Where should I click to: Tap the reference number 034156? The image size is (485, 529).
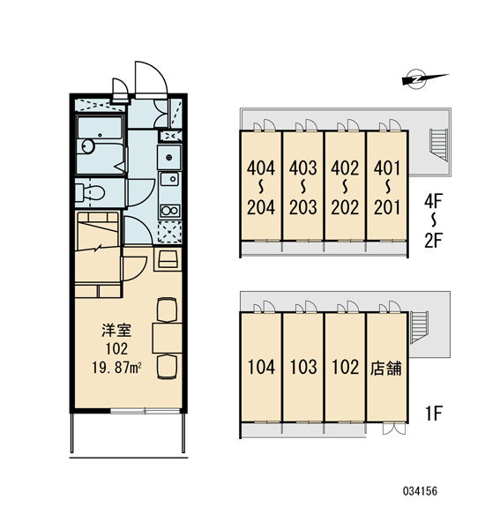pos(421,491)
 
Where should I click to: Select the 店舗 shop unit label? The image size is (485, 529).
pos(386,368)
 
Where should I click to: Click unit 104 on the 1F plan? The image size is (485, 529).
pos(261,367)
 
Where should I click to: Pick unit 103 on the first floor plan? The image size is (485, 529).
pos(303,367)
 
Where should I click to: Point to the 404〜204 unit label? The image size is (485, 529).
pos(261,188)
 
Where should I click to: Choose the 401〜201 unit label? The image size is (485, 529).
pos(387,188)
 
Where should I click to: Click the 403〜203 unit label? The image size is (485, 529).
pos(303,188)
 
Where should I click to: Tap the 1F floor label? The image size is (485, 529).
pos(433,413)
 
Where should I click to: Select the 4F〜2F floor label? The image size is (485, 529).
pos(433,221)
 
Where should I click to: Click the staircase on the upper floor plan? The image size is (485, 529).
pos(439,145)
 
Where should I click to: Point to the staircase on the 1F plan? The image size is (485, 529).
pos(419,327)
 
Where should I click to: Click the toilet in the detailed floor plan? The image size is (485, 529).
pos(90,193)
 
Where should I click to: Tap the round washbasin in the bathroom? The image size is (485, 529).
pos(88,146)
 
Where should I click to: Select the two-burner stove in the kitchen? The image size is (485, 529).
pos(170,212)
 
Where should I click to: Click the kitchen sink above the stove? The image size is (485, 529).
pos(169,179)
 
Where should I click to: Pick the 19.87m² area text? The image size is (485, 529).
pos(116,368)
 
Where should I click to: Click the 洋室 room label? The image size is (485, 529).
pos(116,331)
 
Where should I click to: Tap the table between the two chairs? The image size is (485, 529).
pos(167,338)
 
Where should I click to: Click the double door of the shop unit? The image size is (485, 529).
pos(394,428)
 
